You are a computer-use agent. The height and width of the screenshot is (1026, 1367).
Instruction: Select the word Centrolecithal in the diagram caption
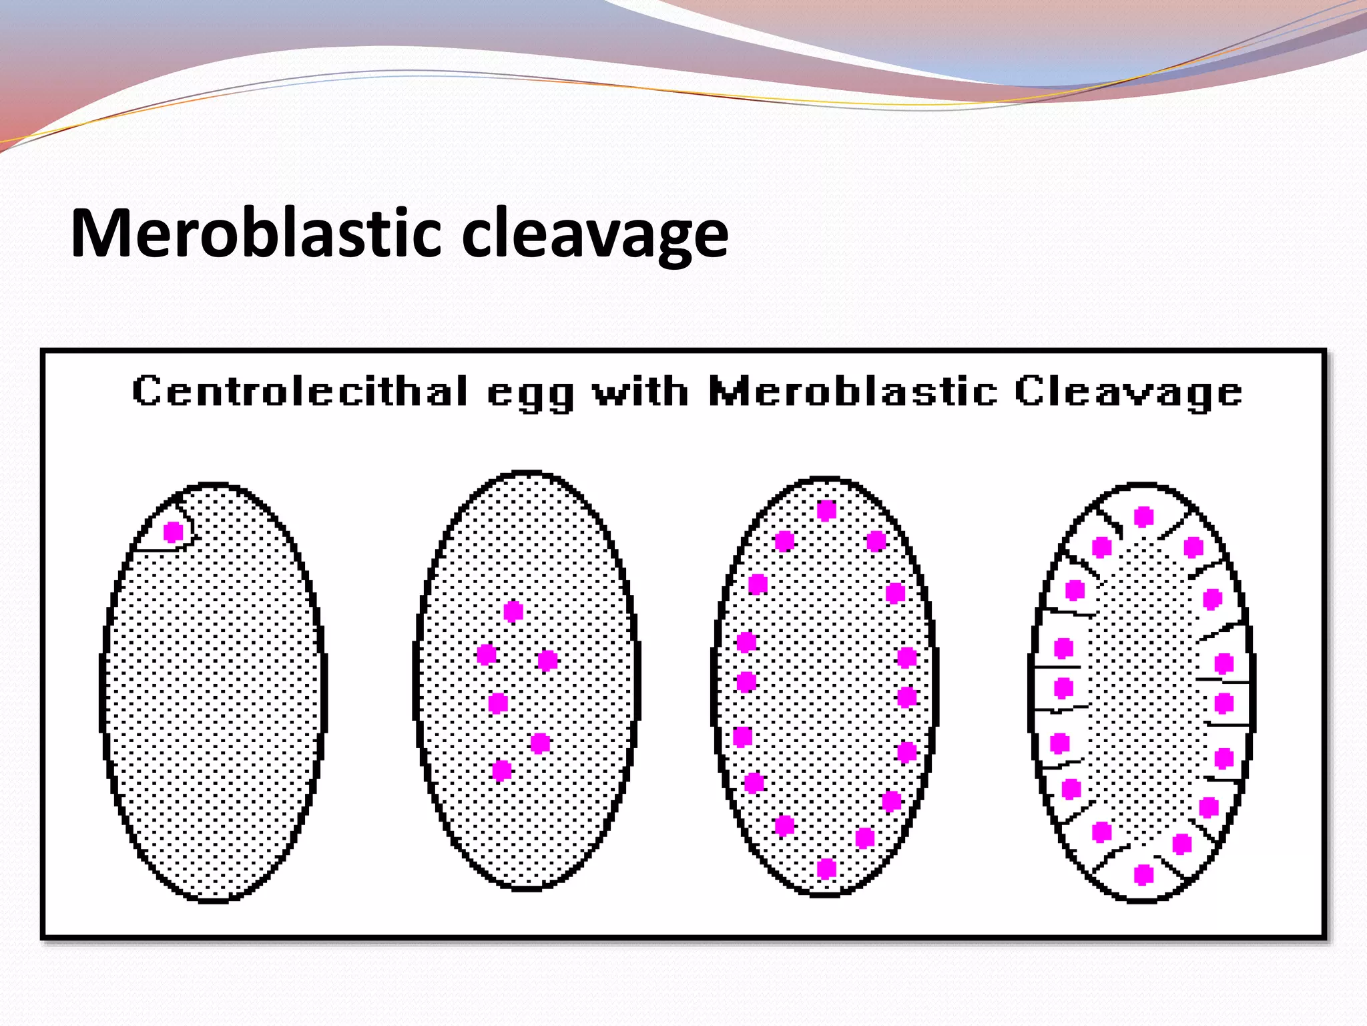(300, 391)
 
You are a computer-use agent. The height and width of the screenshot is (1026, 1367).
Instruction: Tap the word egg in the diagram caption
(531, 393)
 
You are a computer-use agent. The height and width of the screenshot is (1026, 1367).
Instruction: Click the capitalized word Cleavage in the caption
(1128, 392)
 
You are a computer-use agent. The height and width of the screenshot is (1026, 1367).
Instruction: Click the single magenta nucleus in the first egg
(174, 532)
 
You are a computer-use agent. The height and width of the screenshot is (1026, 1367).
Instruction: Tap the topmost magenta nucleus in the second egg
(513, 611)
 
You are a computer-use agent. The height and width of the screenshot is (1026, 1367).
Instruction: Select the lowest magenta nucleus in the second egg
(502, 771)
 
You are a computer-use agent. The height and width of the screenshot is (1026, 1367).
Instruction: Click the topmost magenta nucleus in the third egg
(826, 510)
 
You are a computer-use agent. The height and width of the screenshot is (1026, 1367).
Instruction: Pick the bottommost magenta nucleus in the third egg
(826, 868)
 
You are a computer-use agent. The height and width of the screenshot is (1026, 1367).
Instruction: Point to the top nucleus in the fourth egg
(1144, 516)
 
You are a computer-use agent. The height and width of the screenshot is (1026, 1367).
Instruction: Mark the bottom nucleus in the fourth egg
(1144, 874)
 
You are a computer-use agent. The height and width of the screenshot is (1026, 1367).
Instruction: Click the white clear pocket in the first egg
(160, 534)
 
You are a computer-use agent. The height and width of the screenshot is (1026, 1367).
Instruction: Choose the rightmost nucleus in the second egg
(547, 661)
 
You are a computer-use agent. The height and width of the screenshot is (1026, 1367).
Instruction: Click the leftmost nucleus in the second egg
(487, 654)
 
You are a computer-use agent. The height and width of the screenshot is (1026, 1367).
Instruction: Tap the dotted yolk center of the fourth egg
(1143, 695)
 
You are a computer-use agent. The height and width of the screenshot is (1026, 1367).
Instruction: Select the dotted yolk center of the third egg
(826, 688)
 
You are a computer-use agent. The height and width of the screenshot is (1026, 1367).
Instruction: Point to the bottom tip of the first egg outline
(214, 901)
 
